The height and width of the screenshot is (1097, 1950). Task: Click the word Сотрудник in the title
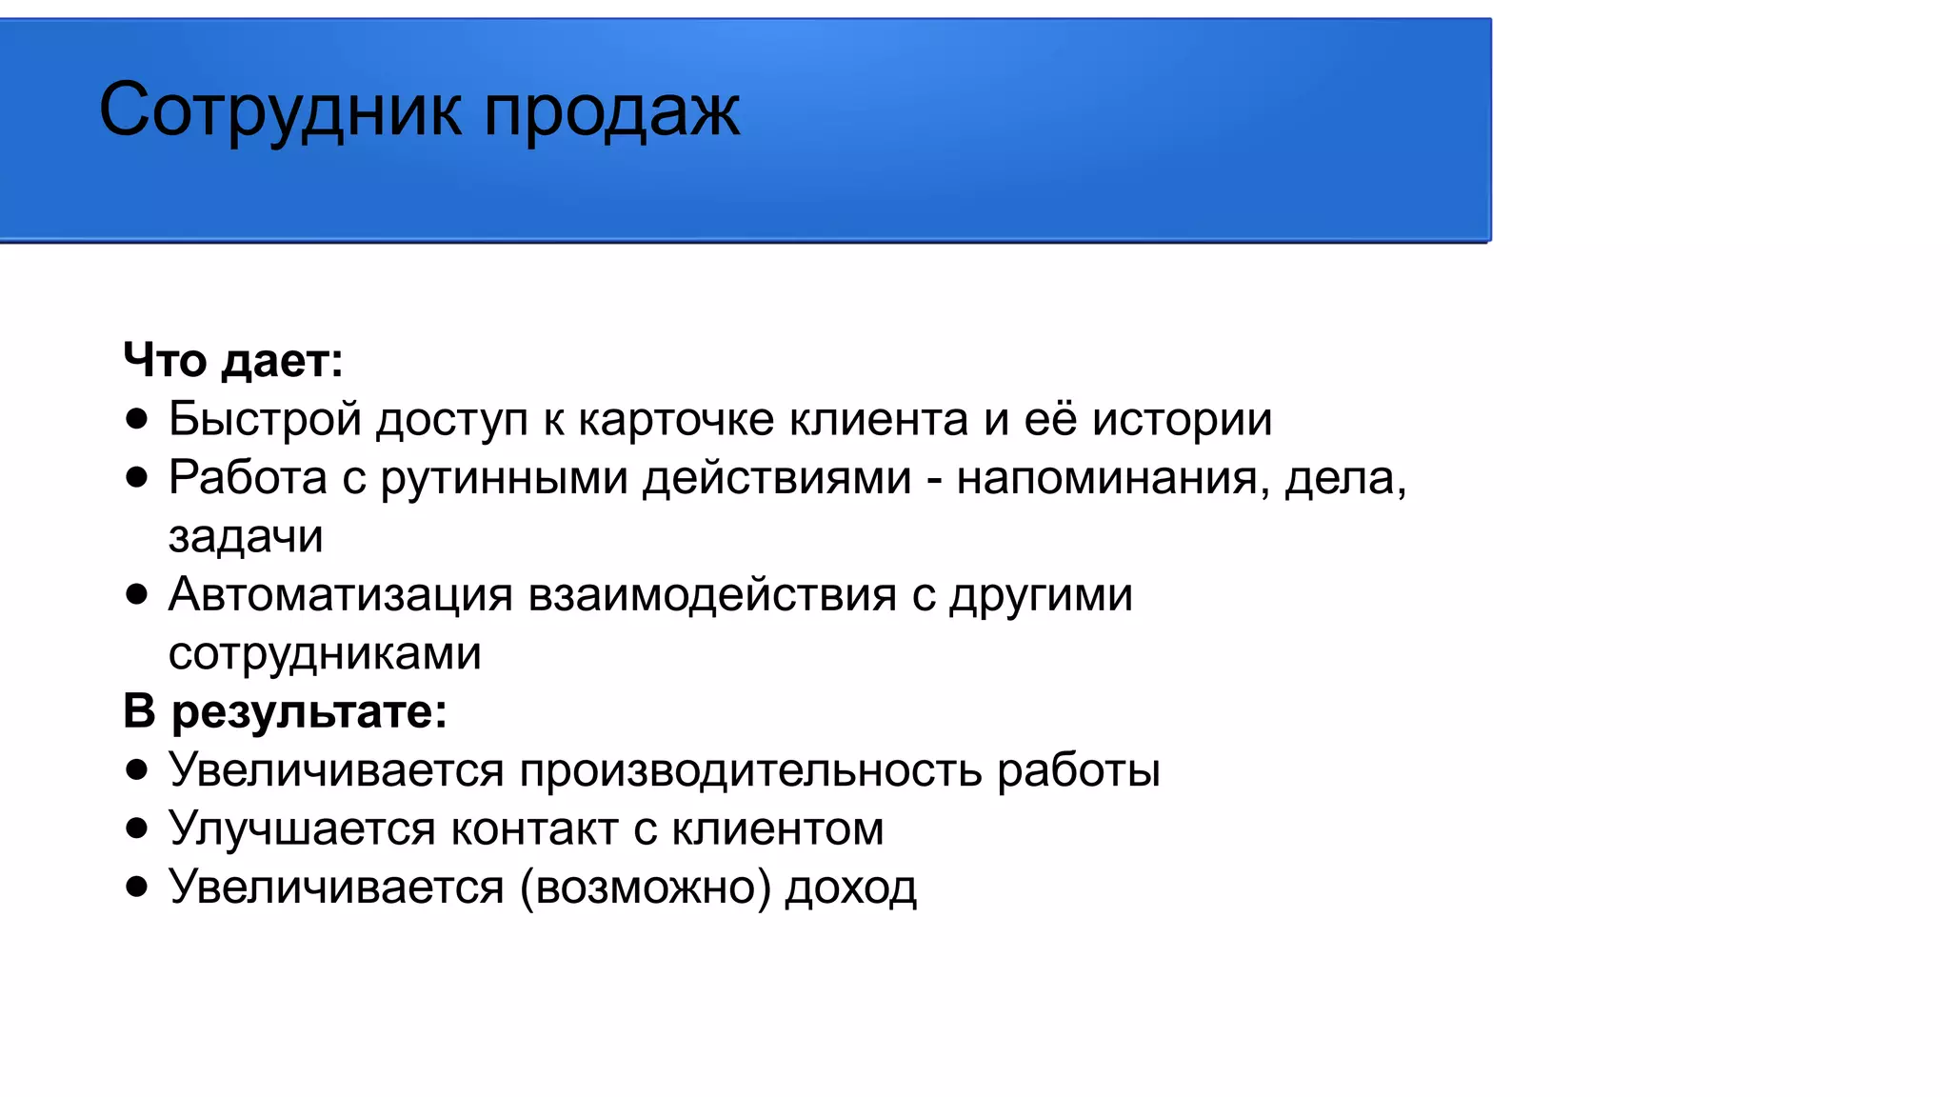[282, 111]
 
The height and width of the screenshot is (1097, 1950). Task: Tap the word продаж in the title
[611, 111]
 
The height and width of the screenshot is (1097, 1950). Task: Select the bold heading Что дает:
[233, 360]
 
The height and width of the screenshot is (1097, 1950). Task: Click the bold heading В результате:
[285, 711]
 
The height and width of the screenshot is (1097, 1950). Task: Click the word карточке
[676, 419]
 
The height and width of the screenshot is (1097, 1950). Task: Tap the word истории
[1182, 419]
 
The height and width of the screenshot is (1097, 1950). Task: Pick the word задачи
[246, 537]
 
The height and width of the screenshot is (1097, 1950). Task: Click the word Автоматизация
[341, 595]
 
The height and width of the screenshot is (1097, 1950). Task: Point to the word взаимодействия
[712, 595]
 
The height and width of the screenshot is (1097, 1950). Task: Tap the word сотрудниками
[325, 654]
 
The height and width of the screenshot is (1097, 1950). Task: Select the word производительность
[750, 770]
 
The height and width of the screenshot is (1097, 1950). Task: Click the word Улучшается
[302, 828]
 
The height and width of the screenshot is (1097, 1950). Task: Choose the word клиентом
[778, 828]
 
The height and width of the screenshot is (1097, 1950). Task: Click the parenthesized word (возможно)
[646, 888]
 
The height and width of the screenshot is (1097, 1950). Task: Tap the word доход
[850, 888]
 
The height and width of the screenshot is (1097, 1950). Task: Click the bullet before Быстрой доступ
[137, 419]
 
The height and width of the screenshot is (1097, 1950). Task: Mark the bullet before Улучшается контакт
[137, 828]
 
